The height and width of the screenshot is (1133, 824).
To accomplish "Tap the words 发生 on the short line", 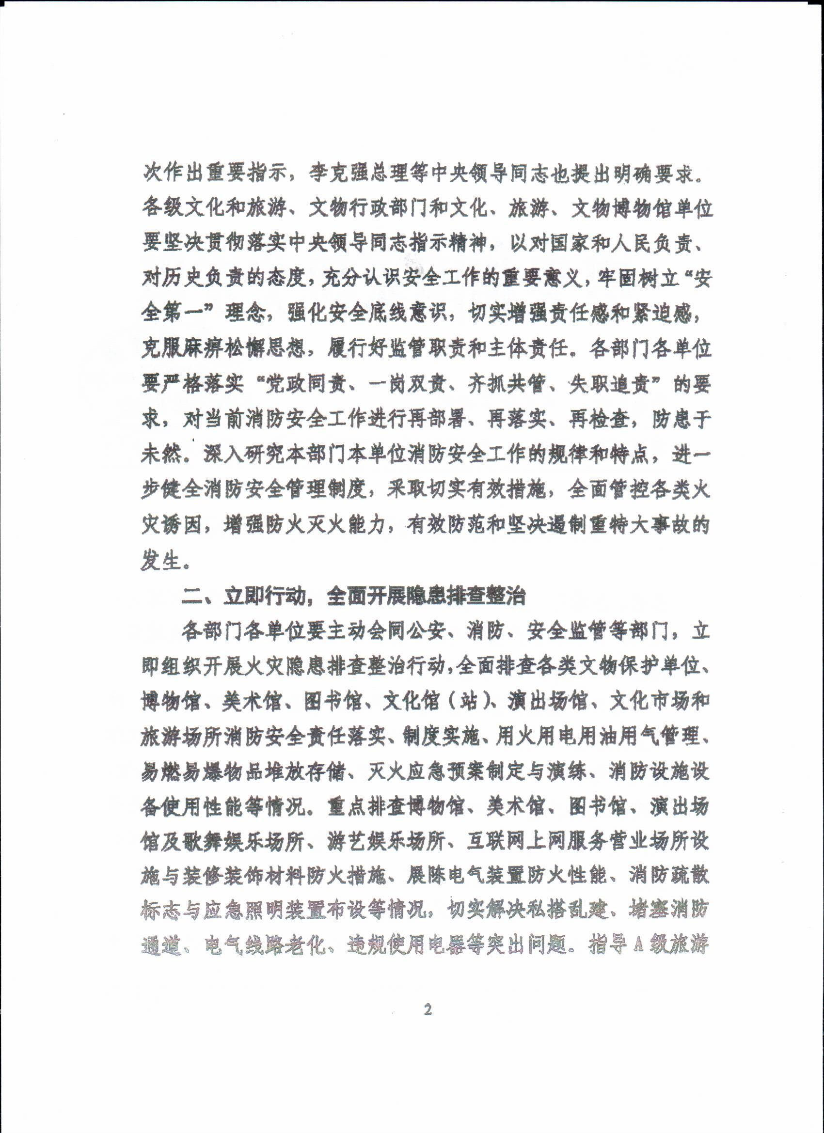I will click(x=161, y=562).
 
